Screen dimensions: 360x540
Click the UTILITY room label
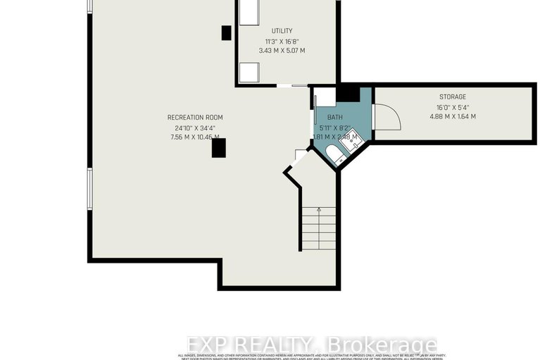282,31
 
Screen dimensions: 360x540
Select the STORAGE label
453,97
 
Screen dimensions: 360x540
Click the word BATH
334,118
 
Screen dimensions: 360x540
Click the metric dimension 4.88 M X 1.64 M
453,116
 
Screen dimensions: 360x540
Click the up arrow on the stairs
318,210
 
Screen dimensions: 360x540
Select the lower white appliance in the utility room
249,73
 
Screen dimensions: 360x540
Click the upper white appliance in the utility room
250,13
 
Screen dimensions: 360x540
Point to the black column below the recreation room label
218,147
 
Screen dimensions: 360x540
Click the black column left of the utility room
226,32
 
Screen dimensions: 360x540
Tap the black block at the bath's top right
348,94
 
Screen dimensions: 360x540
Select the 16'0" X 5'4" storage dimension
453,107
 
